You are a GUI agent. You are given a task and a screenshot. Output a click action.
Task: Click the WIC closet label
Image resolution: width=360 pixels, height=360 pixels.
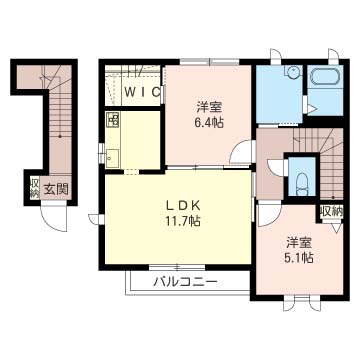tap(141, 92)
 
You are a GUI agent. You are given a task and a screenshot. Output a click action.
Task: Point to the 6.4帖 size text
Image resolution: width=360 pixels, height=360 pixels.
tap(209, 123)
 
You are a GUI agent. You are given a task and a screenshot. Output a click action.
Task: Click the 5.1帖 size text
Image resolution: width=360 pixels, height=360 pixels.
tap(299, 258)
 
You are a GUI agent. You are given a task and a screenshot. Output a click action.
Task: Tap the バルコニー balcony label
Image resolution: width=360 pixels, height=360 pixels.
tap(185, 283)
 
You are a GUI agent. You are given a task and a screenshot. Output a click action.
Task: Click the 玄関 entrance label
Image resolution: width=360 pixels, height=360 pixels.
tap(56, 190)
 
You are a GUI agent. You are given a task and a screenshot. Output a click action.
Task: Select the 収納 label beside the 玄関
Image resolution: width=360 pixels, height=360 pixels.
tap(34, 188)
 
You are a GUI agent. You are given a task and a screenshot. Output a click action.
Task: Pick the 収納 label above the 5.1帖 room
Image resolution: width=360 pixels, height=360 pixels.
tap(332, 211)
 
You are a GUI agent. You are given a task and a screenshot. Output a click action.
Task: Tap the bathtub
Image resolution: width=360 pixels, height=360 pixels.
tap(325, 76)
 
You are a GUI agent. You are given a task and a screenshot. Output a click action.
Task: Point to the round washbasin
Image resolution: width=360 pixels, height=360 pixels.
tap(292, 72)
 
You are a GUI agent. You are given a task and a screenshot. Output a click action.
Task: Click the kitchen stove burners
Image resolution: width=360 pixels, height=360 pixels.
tap(112, 120)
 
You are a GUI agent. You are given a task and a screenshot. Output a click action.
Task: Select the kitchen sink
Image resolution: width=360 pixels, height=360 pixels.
tap(112, 158)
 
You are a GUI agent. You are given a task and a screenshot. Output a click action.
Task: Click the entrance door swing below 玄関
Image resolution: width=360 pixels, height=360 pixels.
tap(54, 218)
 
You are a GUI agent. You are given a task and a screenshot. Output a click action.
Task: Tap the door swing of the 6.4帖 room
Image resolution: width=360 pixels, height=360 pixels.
tap(241, 152)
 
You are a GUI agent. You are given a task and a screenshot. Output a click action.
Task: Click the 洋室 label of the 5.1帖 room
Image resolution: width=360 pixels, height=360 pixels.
tap(299, 243)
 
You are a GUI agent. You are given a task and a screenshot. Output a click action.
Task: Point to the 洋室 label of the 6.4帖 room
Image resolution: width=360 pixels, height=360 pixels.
tap(209, 108)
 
